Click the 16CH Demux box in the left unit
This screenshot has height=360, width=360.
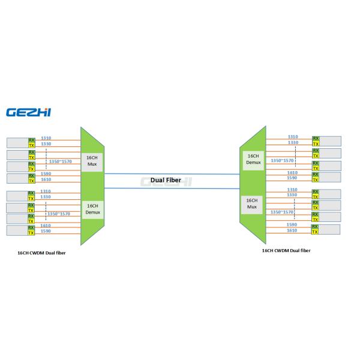click(92, 209)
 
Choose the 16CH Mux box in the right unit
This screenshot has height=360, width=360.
click(251, 203)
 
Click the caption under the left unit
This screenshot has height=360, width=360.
click(41, 253)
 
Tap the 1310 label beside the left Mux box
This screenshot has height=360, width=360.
click(46, 137)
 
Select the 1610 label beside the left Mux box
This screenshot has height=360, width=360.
click(46, 179)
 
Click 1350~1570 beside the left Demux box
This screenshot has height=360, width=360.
click(58, 214)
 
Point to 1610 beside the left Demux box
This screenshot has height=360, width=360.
click(46, 225)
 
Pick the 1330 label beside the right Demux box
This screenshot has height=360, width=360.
click(293, 142)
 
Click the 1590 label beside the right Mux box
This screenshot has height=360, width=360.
click(293, 224)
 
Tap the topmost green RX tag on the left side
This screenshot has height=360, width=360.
click(32, 140)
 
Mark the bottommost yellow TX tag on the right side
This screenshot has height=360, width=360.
click(316, 232)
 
